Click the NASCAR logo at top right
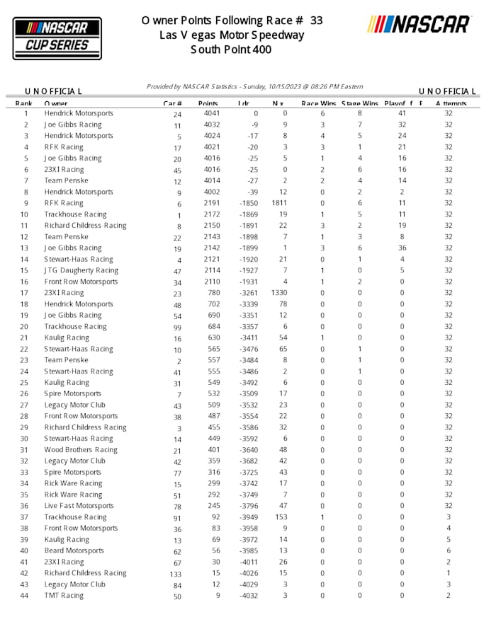(x=419, y=24)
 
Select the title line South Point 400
(x=231, y=50)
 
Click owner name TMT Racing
(x=64, y=596)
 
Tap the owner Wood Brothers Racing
(x=81, y=450)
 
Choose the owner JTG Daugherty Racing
(x=81, y=270)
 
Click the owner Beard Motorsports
(x=74, y=550)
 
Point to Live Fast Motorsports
(x=79, y=506)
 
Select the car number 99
(x=177, y=327)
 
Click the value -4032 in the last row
(x=248, y=596)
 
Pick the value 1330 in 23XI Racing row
(x=279, y=293)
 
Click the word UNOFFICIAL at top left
(x=54, y=91)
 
